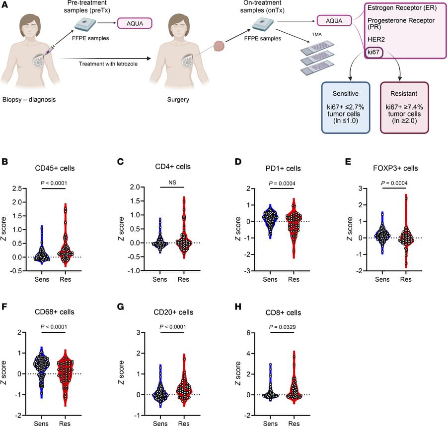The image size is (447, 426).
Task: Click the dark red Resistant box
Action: point(404,107)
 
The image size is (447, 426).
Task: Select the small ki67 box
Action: point(373,52)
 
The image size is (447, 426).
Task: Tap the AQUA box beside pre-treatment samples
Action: point(134,23)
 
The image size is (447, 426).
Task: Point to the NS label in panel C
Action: point(172,182)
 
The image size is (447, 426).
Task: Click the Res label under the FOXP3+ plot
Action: point(406,280)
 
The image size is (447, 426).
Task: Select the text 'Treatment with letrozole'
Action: point(108,63)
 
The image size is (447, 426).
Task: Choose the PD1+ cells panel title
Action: point(283,168)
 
